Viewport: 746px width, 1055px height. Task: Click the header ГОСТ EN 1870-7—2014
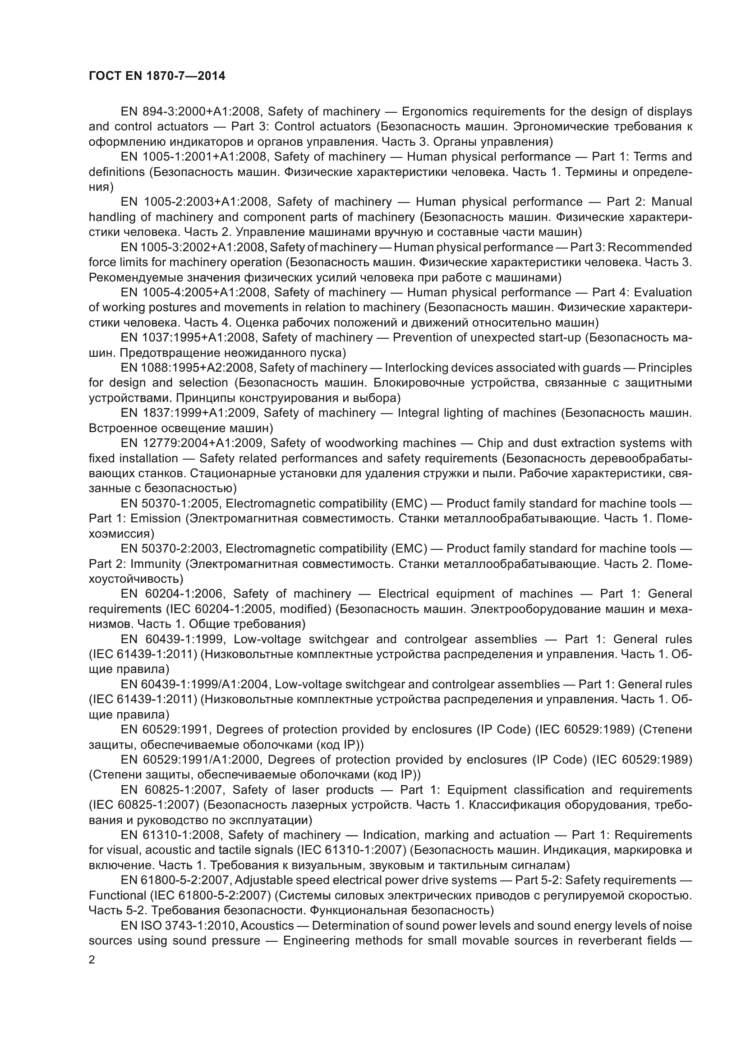[157, 76]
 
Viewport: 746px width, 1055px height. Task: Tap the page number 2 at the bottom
[92, 960]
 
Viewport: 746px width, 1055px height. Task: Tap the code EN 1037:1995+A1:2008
[189, 338]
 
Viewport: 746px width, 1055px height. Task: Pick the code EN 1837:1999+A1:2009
[189, 413]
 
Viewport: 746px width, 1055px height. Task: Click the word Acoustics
[269, 925]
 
